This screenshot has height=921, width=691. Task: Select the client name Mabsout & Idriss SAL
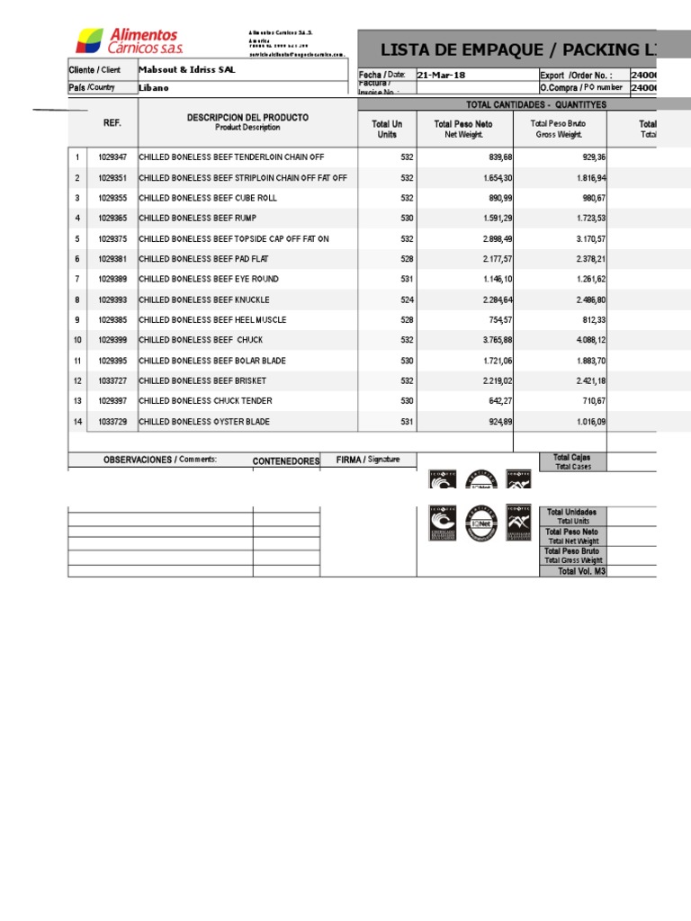point(187,70)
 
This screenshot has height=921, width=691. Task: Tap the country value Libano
point(154,88)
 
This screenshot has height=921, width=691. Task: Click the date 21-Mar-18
point(442,76)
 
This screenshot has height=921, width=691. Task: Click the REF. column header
point(112,122)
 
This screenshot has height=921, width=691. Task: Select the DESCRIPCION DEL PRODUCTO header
point(247,122)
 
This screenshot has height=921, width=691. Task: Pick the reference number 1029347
point(112,157)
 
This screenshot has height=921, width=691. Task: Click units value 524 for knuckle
point(407,300)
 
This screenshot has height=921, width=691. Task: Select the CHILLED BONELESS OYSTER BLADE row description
point(204,422)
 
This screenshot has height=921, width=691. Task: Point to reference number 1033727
point(112,380)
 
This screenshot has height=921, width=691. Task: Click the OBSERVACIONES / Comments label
point(160,460)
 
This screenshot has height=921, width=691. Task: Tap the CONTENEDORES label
point(286,461)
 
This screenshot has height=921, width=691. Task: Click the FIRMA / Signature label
point(368,460)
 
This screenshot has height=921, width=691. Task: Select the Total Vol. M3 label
point(579,571)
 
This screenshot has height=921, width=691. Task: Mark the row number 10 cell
point(77,340)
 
